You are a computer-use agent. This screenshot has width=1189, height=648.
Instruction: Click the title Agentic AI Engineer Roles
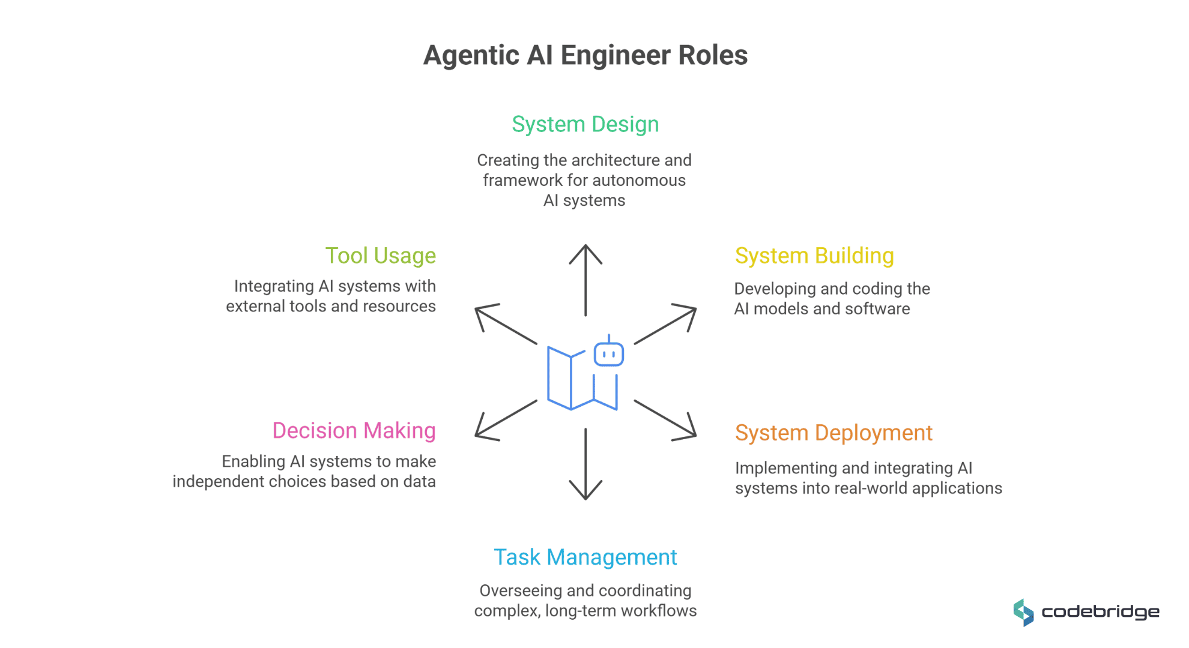click(585, 55)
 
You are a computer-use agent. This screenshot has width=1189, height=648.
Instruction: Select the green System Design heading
click(585, 124)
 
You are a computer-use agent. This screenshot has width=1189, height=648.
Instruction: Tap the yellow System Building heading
click(814, 256)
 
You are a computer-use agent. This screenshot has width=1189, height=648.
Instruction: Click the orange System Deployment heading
click(834, 433)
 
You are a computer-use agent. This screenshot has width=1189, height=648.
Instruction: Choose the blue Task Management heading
click(585, 557)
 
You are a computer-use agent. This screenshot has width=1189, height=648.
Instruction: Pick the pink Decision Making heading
click(354, 431)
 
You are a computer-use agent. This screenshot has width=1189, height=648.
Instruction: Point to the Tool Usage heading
click(381, 256)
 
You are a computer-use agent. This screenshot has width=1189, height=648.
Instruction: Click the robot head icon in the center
click(609, 353)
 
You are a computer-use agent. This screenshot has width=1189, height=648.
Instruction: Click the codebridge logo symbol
click(1023, 613)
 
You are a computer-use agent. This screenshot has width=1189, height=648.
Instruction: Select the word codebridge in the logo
click(1100, 612)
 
